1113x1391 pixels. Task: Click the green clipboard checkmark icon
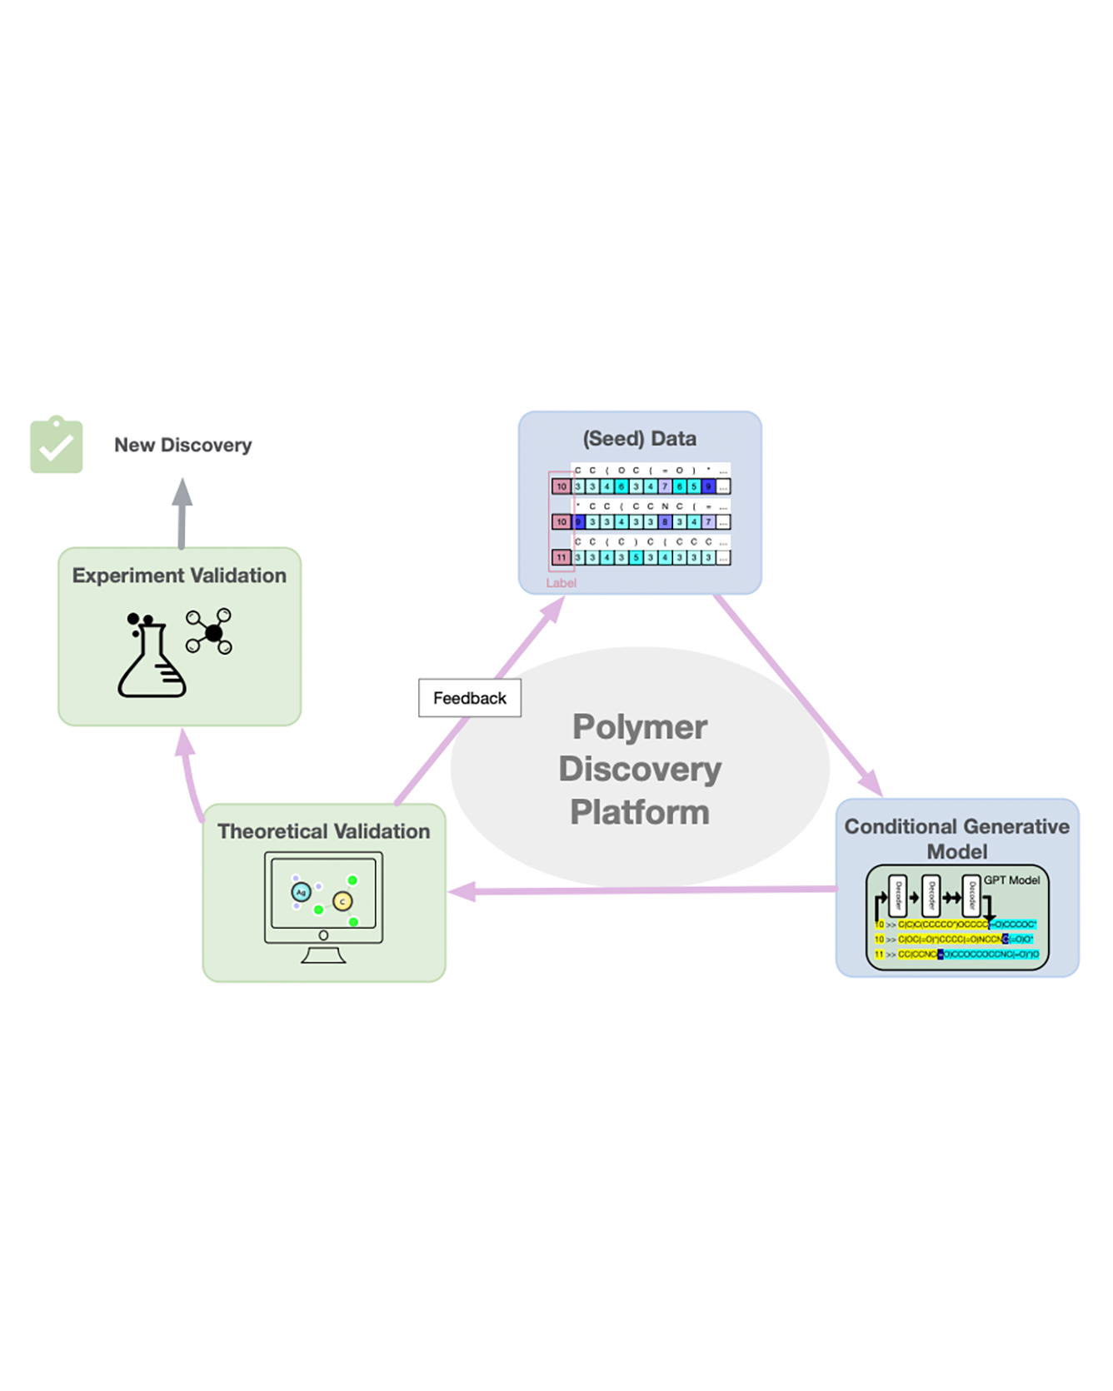tap(56, 446)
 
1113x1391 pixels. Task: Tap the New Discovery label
tap(182, 445)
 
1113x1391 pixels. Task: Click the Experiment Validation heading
tap(179, 576)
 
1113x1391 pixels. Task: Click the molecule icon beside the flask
tap(210, 632)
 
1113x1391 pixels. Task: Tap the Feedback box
tap(469, 698)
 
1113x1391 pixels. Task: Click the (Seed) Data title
tap(639, 439)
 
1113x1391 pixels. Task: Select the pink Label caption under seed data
tap(561, 583)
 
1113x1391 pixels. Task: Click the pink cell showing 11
tap(561, 557)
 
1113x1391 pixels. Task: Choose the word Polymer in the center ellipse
tap(639, 727)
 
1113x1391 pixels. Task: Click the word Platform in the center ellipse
tap(639, 812)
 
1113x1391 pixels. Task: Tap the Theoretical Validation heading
tap(323, 831)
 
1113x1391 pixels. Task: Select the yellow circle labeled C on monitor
tap(342, 901)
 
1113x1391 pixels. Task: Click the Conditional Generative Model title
tap(956, 838)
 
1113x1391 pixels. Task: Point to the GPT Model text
tap(1011, 880)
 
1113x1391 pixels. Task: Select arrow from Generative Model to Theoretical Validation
tap(641, 890)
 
